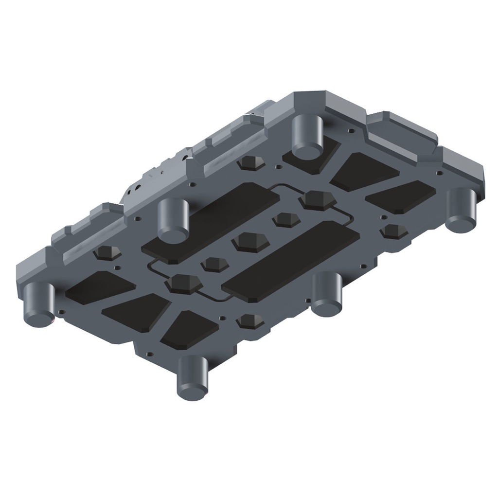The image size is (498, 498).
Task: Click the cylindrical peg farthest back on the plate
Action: [307, 137]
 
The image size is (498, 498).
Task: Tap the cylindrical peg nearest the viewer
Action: [193, 378]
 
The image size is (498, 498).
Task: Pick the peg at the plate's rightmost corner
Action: [460, 210]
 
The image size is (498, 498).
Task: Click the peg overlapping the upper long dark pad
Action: [173, 220]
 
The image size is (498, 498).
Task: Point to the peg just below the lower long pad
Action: [327, 294]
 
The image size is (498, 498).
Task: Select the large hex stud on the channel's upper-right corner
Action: [318, 200]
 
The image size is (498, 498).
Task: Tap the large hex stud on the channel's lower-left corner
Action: [183, 283]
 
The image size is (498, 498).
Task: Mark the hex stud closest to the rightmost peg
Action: [394, 231]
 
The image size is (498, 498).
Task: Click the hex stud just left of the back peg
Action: [252, 163]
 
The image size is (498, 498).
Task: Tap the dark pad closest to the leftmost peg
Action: [100, 287]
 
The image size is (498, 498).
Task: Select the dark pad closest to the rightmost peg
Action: [401, 196]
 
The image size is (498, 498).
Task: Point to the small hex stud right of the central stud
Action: [285, 219]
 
